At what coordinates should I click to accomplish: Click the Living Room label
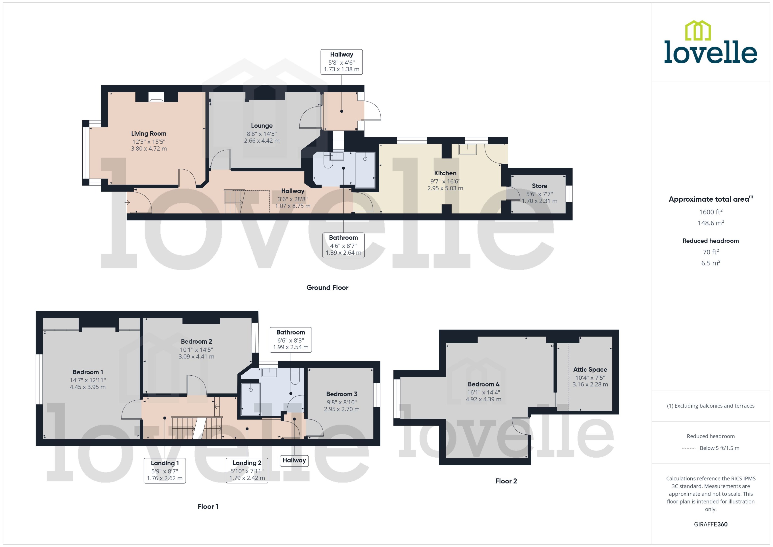pyautogui.click(x=149, y=133)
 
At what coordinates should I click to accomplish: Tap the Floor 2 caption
pyautogui.click(x=506, y=481)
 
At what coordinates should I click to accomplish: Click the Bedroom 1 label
pyautogui.click(x=88, y=372)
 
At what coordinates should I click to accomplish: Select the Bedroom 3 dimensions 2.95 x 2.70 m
pyautogui.click(x=341, y=409)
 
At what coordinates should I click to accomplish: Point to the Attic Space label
pyautogui.click(x=590, y=369)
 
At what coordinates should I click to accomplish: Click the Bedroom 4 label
pyautogui.click(x=483, y=384)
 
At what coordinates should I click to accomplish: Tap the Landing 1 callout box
pyautogui.click(x=165, y=471)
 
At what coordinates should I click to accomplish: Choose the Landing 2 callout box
pyautogui.click(x=247, y=471)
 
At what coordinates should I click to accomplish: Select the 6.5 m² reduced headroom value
pyautogui.click(x=710, y=263)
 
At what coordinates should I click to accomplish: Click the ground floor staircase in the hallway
pyautogui.click(x=234, y=201)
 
